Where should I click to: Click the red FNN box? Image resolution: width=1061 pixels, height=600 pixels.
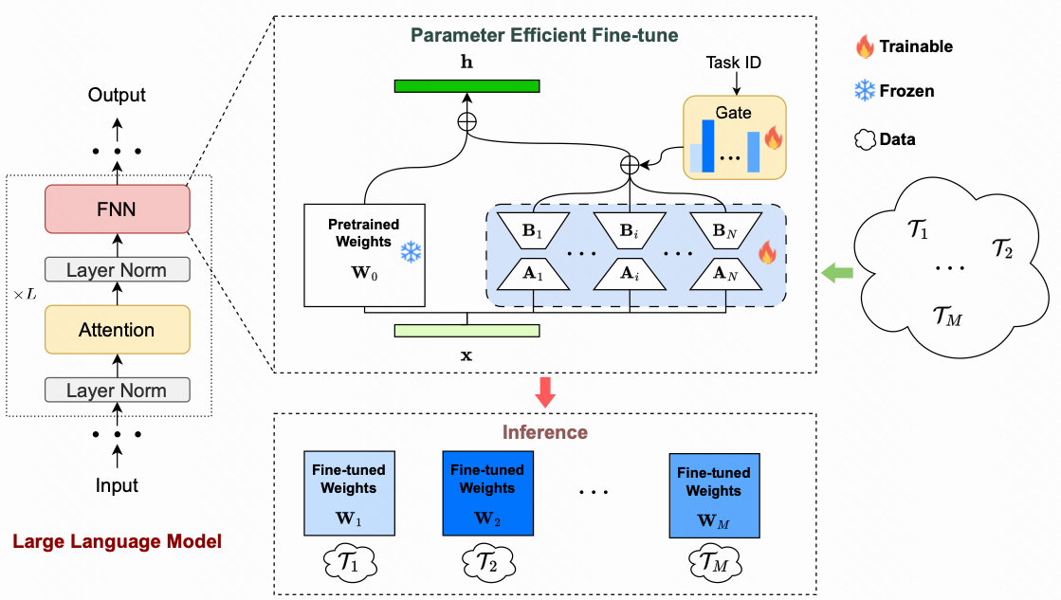[x=117, y=209]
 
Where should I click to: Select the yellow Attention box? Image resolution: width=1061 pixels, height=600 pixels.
[x=117, y=330]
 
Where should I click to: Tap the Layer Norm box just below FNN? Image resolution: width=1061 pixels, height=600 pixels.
[x=117, y=270]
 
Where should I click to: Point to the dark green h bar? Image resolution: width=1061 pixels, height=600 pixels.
[x=466, y=86]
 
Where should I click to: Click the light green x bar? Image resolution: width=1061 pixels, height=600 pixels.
[x=466, y=331]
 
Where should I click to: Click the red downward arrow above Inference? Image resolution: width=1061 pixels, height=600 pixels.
[x=544, y=391]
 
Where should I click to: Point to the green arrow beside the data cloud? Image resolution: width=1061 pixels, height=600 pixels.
[x=836, y=273]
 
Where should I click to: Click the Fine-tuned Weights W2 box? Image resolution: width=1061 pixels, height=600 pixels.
[x=487, y=493]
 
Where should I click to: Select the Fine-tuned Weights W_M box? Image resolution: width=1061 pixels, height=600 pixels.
[x=713, y=496]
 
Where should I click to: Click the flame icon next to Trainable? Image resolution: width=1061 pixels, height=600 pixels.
[x=864, y=45]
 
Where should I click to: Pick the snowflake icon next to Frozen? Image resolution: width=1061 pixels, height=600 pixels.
[x=864, y=91]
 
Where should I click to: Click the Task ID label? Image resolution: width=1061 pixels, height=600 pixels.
[x=734, y=63]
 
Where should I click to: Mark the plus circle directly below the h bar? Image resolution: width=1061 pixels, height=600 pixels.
[x=466, y=120]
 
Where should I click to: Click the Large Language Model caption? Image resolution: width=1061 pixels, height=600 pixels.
[x=117, y=542]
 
